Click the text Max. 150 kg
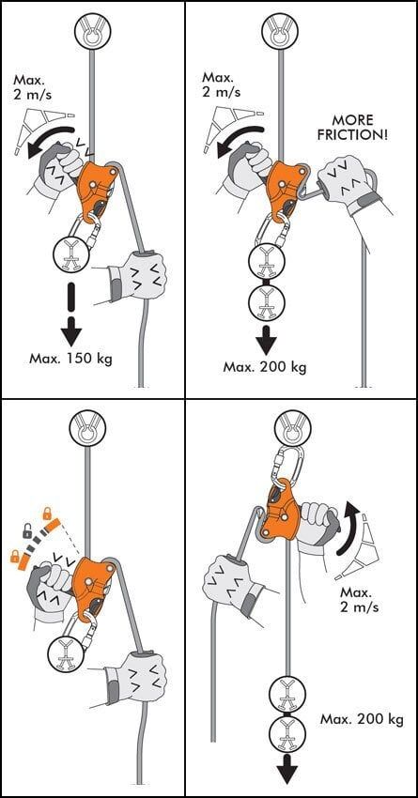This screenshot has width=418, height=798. (x=70, y=359)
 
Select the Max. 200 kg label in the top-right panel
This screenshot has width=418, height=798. (x=265, y=366)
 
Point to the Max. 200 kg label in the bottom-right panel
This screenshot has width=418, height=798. (x=362, y=719)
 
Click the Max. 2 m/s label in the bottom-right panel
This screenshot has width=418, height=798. (x=359, y=600)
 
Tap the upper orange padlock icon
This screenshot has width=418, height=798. (x=47, y=512)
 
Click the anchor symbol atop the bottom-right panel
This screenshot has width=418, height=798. (x=292, y=431)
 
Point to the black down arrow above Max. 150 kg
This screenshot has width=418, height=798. (x=70, y=313)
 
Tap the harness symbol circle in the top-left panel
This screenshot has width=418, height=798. (x=71, y=253)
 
